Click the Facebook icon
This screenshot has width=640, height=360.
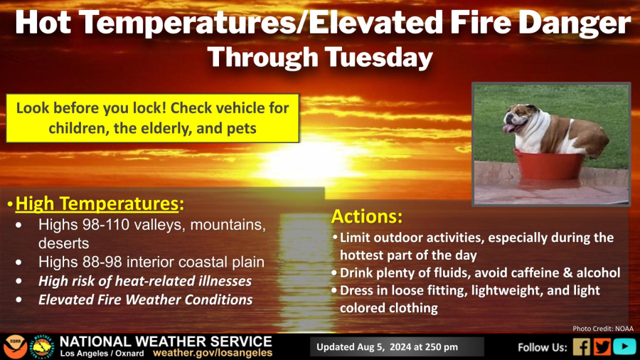[x=581, y=347]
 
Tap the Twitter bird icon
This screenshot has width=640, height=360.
[x=602, y=347]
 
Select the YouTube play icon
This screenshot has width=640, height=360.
[x=624, y=347]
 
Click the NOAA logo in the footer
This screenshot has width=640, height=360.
[x=16, y=347]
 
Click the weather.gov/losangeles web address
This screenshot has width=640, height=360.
[x=213, y=353]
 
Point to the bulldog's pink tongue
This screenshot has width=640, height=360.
[x=509, y=129]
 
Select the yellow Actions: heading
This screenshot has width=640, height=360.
[x=367, y=216]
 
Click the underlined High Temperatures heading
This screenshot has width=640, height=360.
[x=97, y=203]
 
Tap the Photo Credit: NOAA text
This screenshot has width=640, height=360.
[x=603, y=329]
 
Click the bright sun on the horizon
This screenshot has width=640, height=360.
[x=311, y=162]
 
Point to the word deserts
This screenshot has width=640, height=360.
[x=64, y=243]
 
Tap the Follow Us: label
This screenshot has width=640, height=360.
[x=543, y=347]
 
